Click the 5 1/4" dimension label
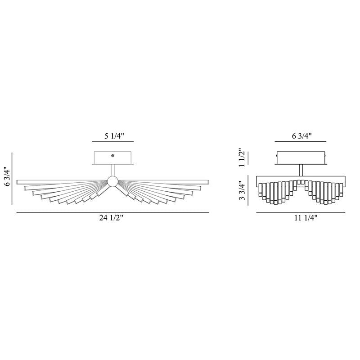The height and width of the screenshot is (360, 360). [x=114, y=136]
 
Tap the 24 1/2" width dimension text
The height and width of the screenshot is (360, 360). [x=111, y=218]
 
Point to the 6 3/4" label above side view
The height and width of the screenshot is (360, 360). [x=301, y=136]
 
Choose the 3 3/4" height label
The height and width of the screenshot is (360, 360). [x=242, y=190]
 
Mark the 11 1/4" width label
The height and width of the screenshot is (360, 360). [x=306, y=218]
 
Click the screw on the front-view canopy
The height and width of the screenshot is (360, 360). [x=113, y=156]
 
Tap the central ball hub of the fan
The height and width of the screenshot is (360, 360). [x=112, y=181]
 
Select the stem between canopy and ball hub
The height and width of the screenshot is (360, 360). [x=113, y=170]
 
